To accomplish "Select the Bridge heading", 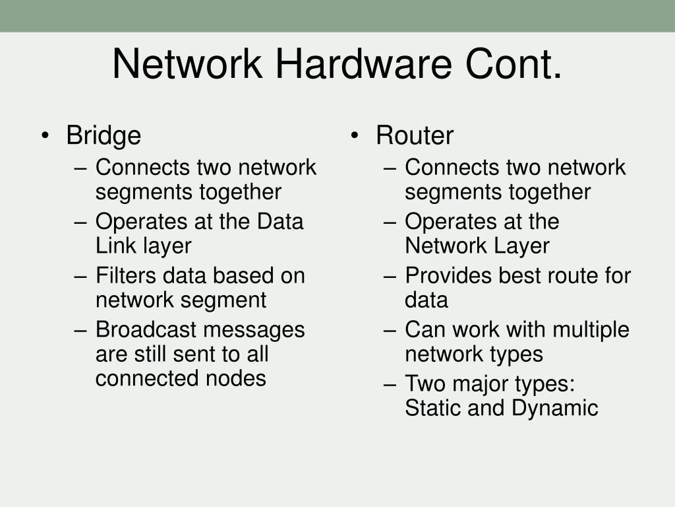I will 103,135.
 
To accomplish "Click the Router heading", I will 415,135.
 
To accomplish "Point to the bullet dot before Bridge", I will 45,136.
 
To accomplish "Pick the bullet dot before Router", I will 355,136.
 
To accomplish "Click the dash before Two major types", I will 390,384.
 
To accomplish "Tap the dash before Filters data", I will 80,275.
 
